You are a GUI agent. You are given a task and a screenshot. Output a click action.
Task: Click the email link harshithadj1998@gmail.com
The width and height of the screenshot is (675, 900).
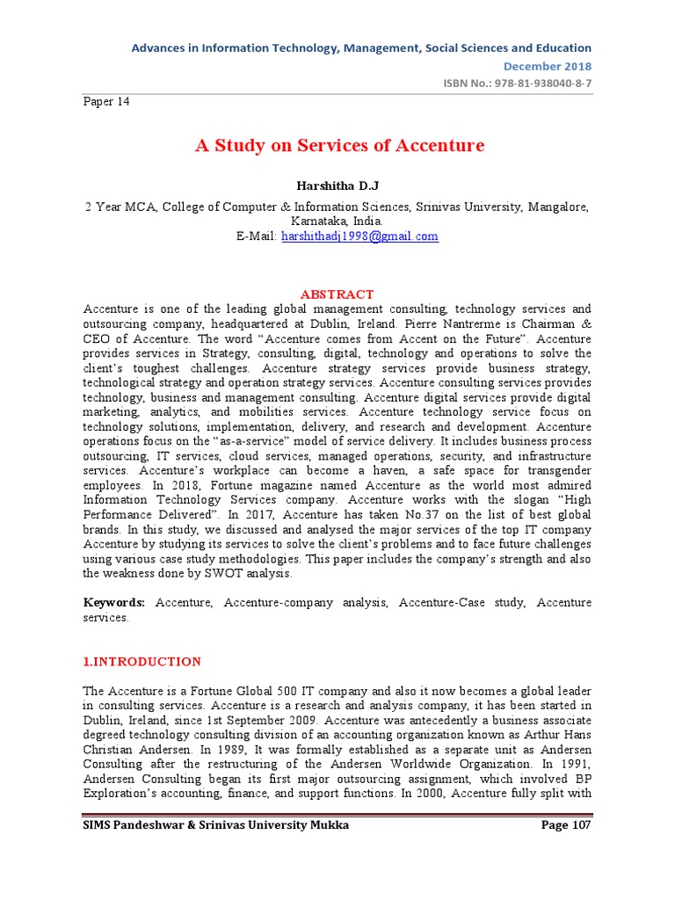pyautogui.click(x=359, y=236)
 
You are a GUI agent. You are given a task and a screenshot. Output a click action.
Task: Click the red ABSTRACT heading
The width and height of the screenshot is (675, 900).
pyautogui.click(x=337, y=294)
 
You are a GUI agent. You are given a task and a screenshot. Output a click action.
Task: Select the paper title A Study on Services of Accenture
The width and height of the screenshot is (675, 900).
pyautogui.click(x=339, y=146)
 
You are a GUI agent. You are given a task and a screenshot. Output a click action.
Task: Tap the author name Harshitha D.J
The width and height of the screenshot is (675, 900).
pyautogui.click(x=337, y=186)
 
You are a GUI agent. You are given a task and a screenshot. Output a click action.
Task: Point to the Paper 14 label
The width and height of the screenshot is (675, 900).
pyautogui.click(x=106, y=102)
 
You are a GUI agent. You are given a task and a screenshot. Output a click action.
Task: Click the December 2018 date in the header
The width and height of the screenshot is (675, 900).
pyautogui.click(x=547, y=66)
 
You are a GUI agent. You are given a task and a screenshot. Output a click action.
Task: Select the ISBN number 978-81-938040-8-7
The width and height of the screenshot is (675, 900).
pyautogui.click(x=538, y=83)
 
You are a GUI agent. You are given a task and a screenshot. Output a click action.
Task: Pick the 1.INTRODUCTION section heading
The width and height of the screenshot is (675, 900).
pyautogui.click(x=142, y=662)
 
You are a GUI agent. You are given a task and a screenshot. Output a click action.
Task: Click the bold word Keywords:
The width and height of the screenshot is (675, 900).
pyautogui.click(x=115, y=602)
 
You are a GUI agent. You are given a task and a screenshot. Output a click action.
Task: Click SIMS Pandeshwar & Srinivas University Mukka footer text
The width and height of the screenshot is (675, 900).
pyautogui.click(x=216, y=825)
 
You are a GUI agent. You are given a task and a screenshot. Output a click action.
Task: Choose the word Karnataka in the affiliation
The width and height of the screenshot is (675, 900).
pyautogui.click(x=312, y=221)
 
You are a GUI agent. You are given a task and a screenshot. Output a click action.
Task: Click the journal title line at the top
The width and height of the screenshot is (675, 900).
pyautogui.click(x=361, y=47)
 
